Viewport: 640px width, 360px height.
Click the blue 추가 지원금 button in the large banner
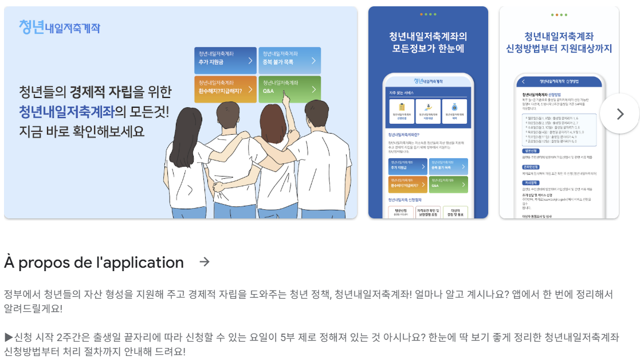pos(225,60)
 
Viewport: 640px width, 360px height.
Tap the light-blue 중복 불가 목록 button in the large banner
pos(289,60)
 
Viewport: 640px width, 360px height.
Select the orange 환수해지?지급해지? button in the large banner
pos(225,88)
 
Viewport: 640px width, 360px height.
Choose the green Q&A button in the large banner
pos(289,88)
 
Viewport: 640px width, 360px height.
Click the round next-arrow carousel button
pos(619,114)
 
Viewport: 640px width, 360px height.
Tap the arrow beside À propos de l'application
pos(204,262)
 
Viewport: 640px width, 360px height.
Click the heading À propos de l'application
pos(94,263)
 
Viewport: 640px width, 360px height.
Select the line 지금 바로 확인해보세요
pos(82,131)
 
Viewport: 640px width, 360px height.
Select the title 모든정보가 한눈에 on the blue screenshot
pos(428,49)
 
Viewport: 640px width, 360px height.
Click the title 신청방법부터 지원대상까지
pos(559,49)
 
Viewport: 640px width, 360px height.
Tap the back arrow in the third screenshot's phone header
pos(522,81)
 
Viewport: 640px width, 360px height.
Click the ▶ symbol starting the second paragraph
pos(8,337)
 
